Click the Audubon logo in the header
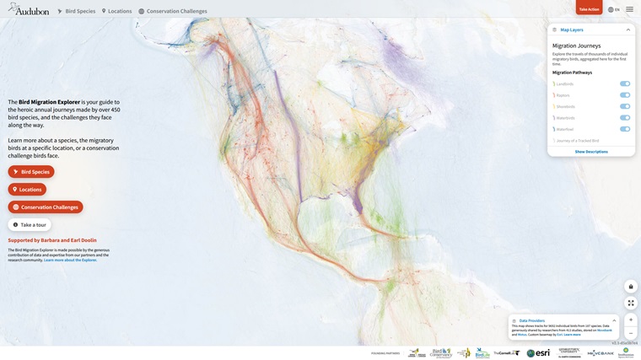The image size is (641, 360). pos(29,10)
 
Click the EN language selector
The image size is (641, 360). pos(613,9)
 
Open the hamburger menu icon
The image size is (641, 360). pos(629,9)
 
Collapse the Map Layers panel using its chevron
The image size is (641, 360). pos(628,30)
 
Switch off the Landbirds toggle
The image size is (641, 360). pos(625,83)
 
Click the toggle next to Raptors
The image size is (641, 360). pos(625,95)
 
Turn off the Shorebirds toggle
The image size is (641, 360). pos(625,106)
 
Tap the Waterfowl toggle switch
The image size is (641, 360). pos(625,129)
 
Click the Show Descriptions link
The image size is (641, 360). pos(591,152)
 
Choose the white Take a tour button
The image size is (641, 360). pos(30,225)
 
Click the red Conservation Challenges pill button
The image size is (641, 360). pos(46,207)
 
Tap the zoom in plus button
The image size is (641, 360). pos(631,320)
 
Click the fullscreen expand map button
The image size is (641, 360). pos(631,303)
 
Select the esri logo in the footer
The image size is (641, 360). pos(538,353)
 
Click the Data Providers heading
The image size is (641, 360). pos(532,320)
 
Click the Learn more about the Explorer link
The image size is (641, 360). pos(70,260)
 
